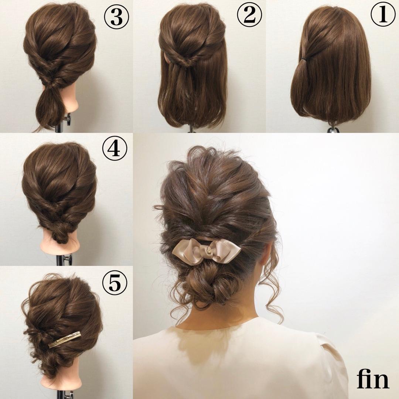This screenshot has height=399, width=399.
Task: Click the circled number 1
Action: (x=383, y=15)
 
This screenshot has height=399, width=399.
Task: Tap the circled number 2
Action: (x=250, y=15)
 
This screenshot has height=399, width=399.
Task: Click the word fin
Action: (x=373, y=379)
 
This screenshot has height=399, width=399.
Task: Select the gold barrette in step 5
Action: (x=65, y=339)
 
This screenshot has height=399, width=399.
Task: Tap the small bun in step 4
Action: (x=60, y=234)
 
